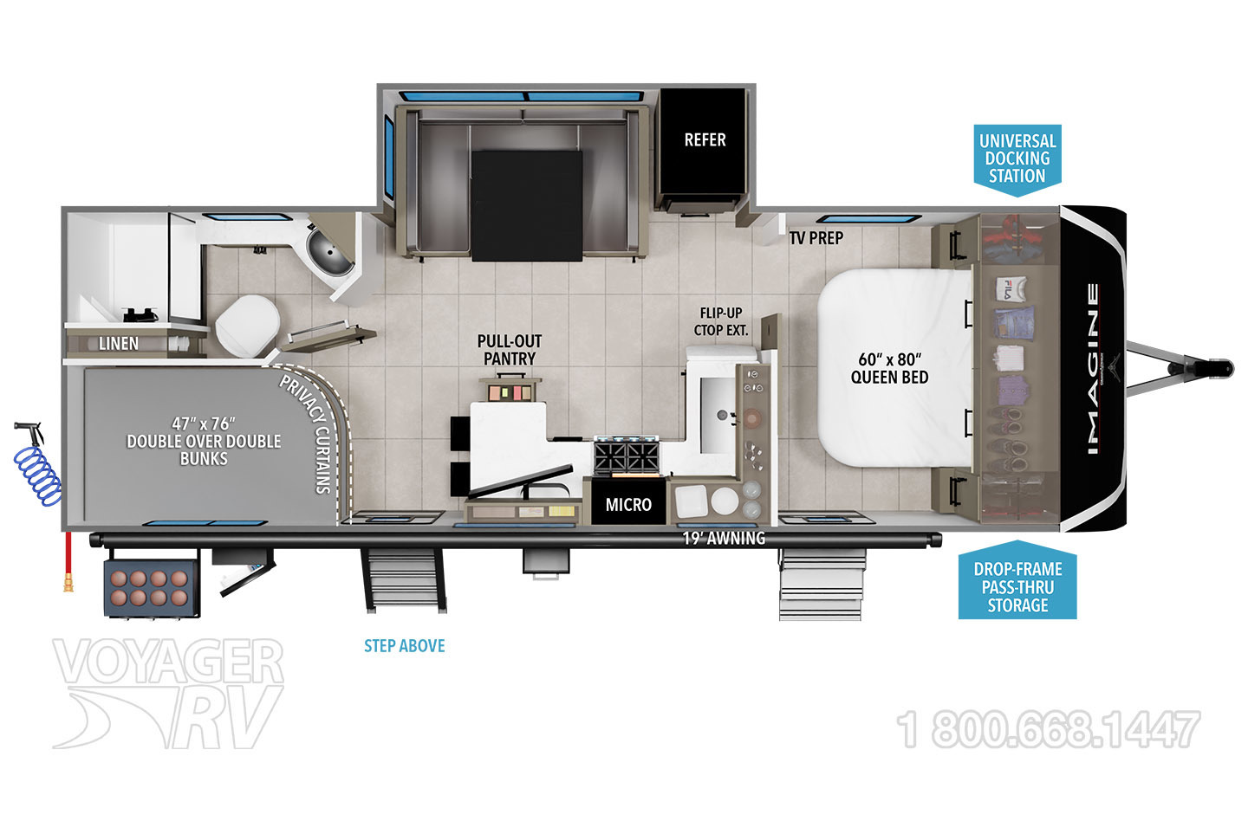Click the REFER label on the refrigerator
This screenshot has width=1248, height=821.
pos(705,139)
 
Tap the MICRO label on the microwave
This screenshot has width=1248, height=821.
pos(628,505)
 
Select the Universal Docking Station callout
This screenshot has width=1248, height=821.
pos(1017,159)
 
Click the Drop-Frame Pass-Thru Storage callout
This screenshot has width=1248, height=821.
pos(1017,580)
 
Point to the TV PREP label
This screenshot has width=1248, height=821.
pos(816,238)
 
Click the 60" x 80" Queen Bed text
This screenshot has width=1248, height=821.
pos(890,368)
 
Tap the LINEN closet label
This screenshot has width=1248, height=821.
pos(119,344)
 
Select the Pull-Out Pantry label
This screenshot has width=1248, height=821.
pos(510,350)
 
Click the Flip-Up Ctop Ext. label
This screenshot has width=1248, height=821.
pos(721,321)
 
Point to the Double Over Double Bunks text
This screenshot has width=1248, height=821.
pos(204,441)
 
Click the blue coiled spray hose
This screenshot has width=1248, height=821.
pos(36,476)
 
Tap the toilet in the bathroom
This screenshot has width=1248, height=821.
pos(249,326)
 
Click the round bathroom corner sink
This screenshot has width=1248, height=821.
pos(330,253)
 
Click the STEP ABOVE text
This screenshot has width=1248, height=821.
pos(405,646)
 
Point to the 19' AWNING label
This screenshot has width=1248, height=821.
pos(724,539)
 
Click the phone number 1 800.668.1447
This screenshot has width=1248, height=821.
pos(1048,730)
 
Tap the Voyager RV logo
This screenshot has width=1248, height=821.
pos(168,694)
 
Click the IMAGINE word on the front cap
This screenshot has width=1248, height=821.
pos(1094,369)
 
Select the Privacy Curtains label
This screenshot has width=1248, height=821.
pos(312,433)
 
